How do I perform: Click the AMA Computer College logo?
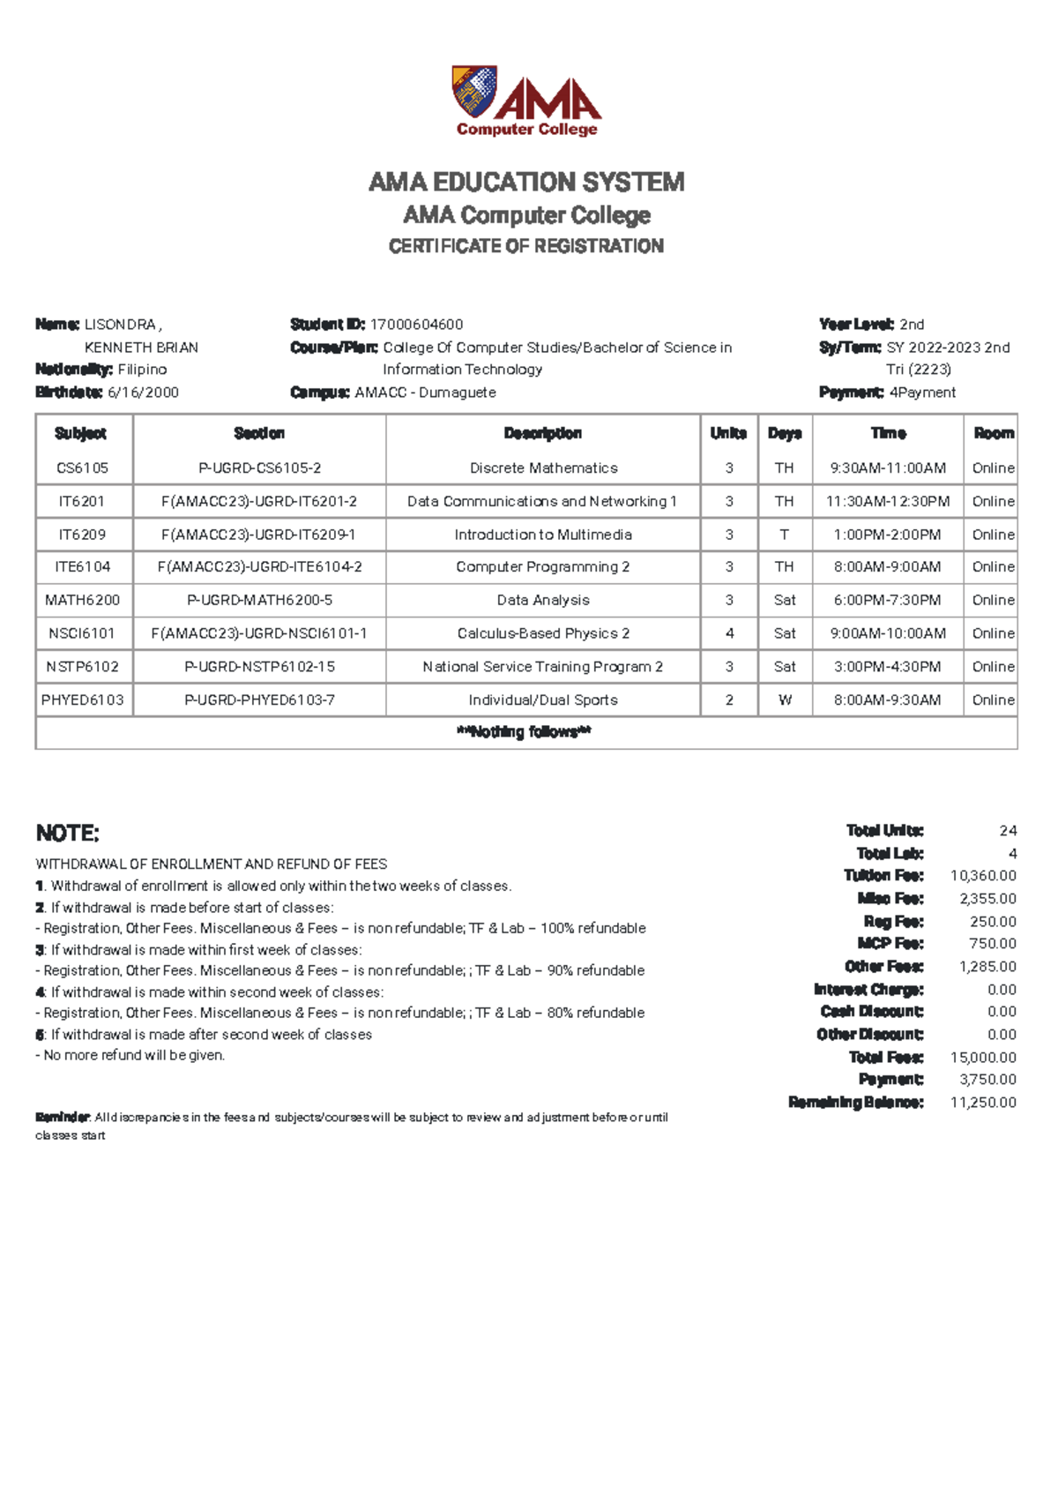(526, 101)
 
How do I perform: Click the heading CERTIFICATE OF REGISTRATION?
(526, 246)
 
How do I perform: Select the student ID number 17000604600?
(416, 325)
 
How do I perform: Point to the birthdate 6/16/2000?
(143, 393)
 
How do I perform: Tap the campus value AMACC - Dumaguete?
(425, 393)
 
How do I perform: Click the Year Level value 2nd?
(912, 325)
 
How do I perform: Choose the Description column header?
(542, 433)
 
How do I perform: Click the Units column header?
(728, 433)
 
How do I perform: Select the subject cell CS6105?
(82, 468)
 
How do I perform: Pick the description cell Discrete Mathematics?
(543, 468)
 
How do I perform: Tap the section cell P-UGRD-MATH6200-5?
(259, 600)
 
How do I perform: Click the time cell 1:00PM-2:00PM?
(887, 535)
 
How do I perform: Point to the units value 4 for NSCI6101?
(729, 633)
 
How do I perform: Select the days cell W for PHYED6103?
(785, 700)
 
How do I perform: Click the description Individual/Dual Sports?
(543, 700)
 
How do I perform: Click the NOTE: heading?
(67, 834)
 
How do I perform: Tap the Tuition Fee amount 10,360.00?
(983, 876)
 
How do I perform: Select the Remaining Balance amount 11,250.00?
(983, 1103)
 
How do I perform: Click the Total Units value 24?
(1008, 831)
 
